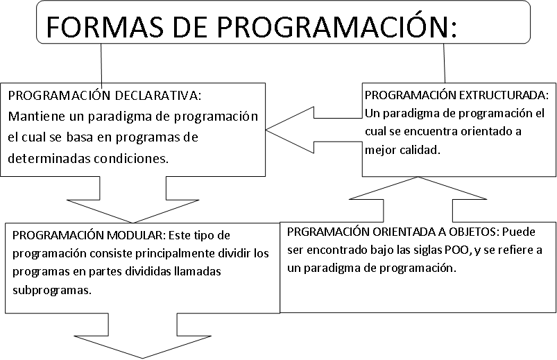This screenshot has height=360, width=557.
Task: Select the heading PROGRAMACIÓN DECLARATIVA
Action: [x=105, y=95]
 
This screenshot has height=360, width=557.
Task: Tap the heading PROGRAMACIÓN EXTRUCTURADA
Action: [x=456, y=95]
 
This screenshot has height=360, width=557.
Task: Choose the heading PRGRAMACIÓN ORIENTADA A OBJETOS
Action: [x=391, y=232]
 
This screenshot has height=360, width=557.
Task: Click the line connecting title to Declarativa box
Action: [x=101, y=63]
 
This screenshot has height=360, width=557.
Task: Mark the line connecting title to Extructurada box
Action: [x=444, y=63]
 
